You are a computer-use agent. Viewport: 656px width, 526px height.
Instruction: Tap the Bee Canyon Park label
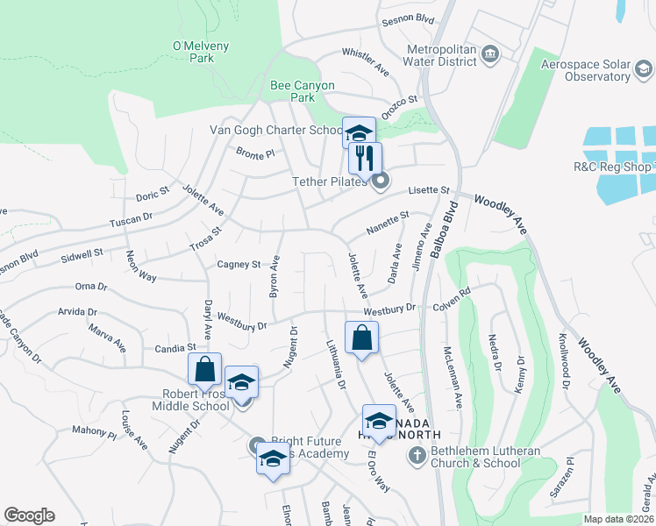[302, 91]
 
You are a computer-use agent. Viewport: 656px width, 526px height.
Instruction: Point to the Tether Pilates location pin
[381, 182]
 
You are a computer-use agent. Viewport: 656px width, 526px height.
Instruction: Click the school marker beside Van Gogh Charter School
[359, 133]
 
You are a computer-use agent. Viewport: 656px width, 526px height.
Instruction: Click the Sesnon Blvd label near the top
[406, 18]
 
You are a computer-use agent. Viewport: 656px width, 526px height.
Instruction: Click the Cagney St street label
[239, 264]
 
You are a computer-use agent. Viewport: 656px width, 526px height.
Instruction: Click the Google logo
[29, 515]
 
